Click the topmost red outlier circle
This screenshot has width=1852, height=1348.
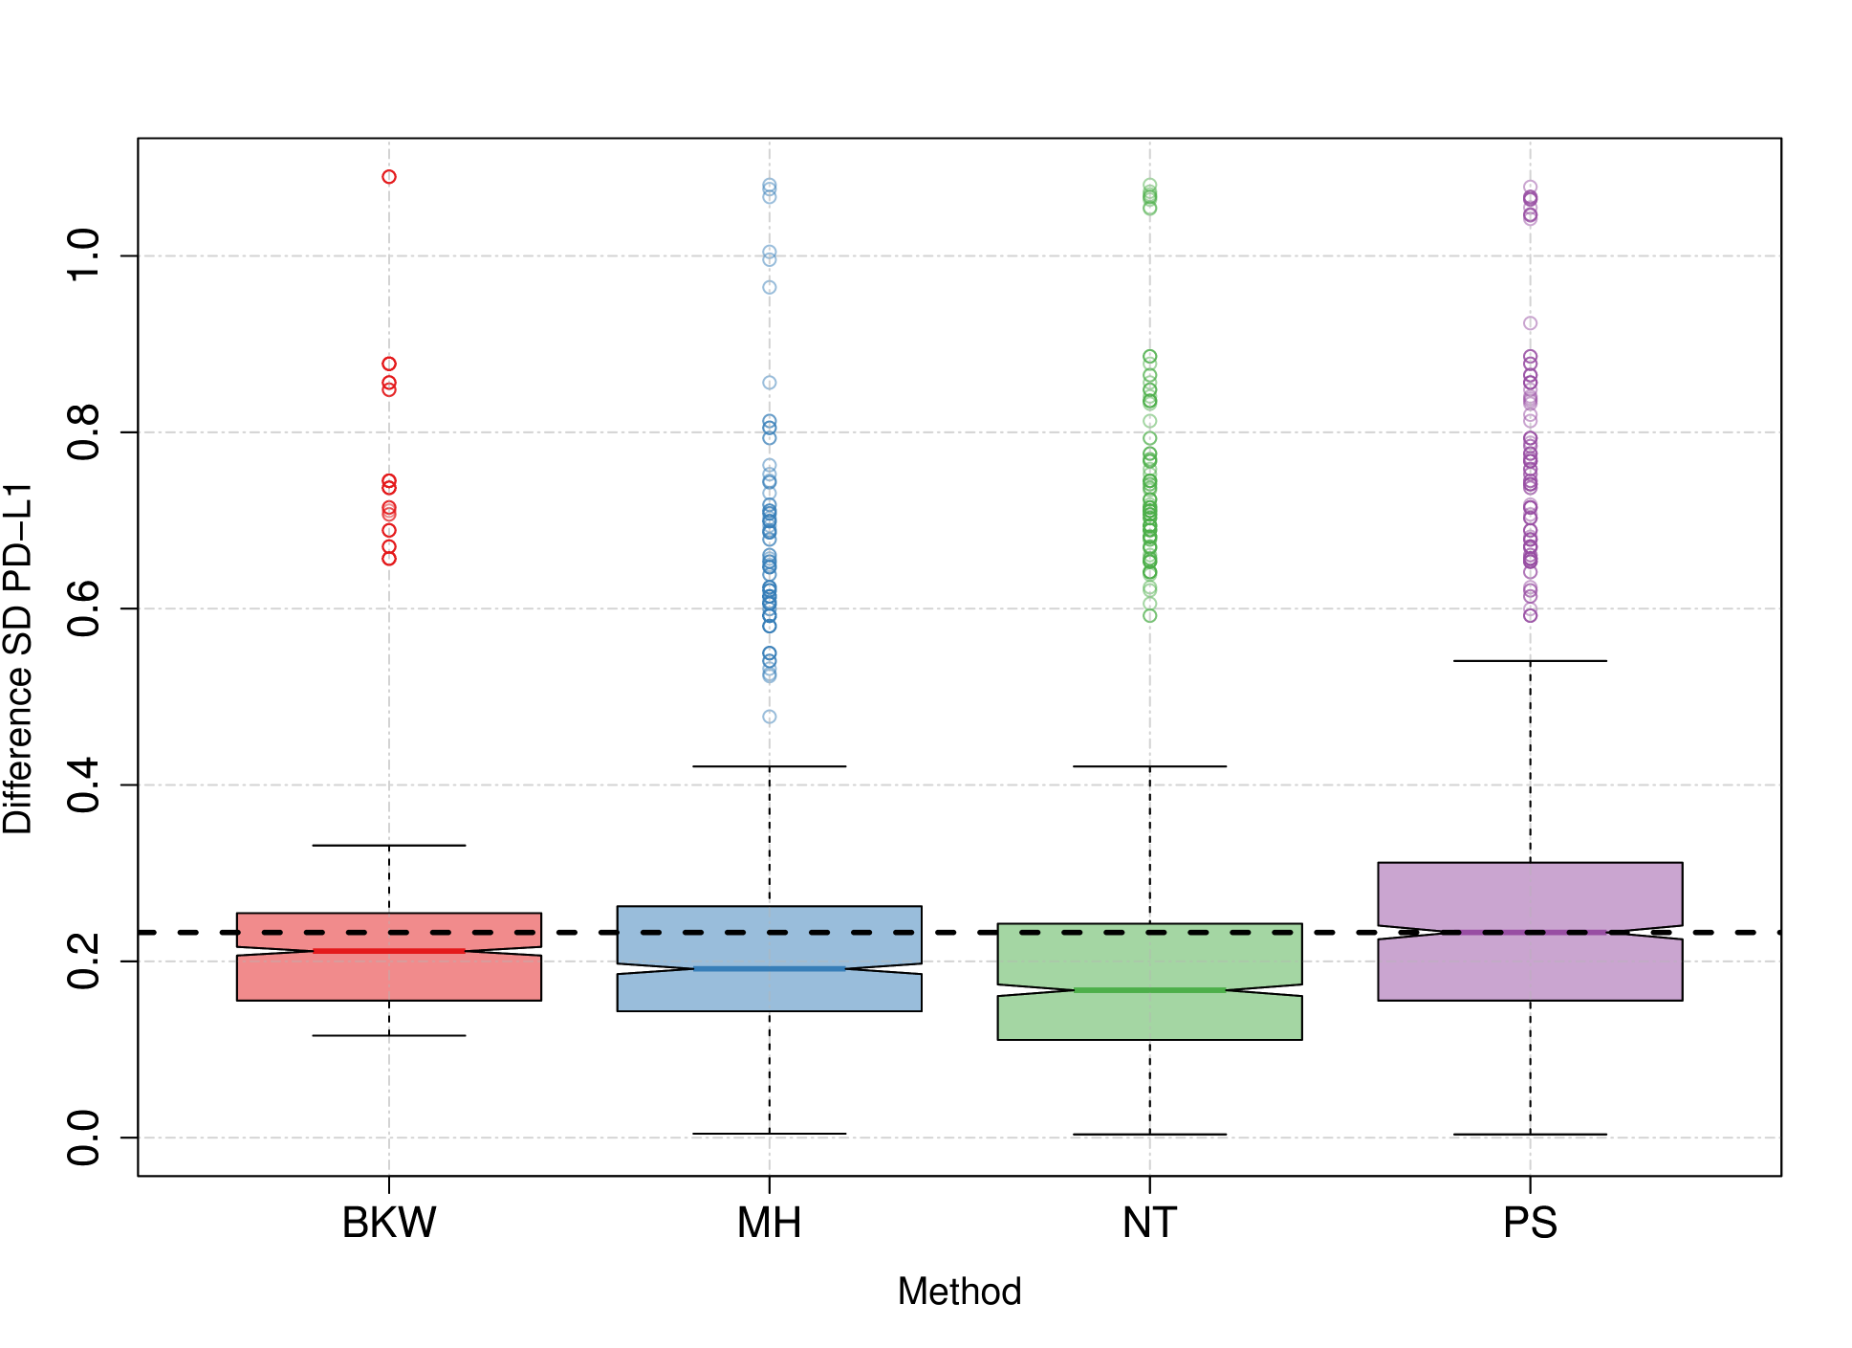click(389, 177)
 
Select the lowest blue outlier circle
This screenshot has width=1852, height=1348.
click(770, 717)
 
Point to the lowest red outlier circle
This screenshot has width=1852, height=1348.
click(389, 559)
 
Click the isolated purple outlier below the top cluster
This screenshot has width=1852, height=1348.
click(1530, 323)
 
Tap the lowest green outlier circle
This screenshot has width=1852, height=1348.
click(1149, 615)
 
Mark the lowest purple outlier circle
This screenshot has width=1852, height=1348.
click(1530, 616)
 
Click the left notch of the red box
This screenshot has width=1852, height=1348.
click(311, 951)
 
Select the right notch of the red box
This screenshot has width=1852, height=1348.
click(468, 951)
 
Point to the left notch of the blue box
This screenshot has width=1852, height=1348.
click(690, 970)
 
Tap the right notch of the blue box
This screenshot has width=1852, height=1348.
click(849, 970)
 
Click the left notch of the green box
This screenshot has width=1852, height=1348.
click(1071, 990)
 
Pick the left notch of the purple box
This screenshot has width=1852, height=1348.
click(1439, 932)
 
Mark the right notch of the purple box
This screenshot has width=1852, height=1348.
click(1621, 932)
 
